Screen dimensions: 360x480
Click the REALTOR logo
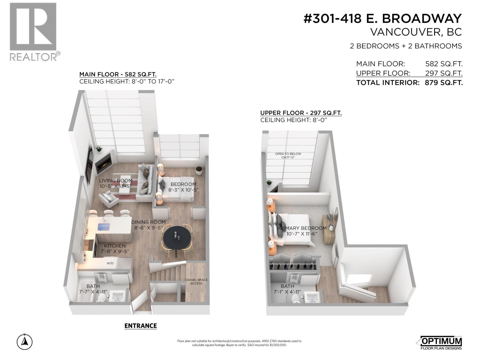coord(33,31)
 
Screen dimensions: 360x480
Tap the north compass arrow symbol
coord(25,342)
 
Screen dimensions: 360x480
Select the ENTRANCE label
coord(140,326)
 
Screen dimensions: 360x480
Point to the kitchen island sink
coord(103,226)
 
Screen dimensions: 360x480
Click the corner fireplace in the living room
coord(104,163)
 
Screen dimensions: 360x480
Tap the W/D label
coord(110,263)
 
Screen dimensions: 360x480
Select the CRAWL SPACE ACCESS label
coord(196,282)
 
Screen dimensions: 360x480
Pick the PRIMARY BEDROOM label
coord(301,228)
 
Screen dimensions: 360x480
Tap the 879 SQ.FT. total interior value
coord(444,83)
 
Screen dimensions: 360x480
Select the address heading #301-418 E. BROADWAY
coord(382,19)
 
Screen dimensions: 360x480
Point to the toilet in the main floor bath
coord(102,298)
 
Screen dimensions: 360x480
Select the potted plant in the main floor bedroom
coord(199,170)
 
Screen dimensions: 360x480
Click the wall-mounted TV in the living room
coord(90,164)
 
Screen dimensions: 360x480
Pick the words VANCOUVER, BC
coord(416,32)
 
